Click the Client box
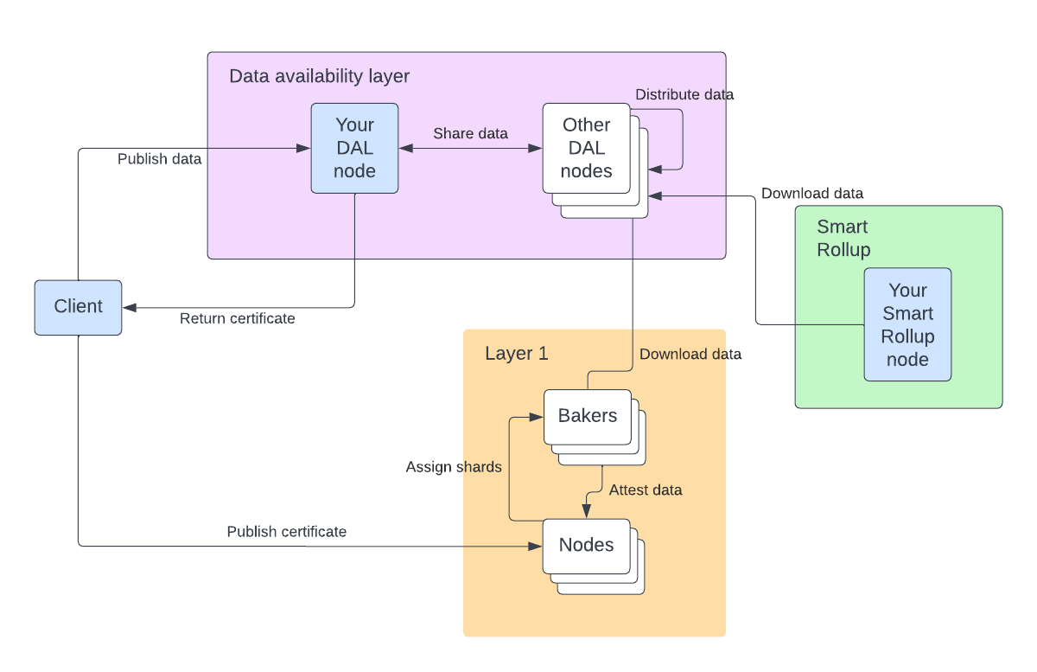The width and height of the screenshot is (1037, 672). [78, 307]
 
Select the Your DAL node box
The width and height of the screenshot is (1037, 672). [354, 148]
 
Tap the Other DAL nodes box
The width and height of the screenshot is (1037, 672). [586, 148]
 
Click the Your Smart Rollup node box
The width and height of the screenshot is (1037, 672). [907, 324]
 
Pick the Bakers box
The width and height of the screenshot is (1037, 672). [588, 416]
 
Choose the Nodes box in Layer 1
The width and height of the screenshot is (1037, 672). [586, 546]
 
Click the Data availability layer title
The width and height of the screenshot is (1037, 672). [319, 76]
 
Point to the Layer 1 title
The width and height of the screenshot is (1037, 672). [516, 354]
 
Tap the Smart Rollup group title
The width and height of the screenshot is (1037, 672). [843, 239]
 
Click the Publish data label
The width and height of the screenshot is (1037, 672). [159, 159]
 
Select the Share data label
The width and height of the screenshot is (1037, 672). [470, 133]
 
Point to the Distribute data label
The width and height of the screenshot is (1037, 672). [684, 94]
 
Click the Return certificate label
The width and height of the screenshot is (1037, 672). [237, 319]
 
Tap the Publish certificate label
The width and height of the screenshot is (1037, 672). [286, 532]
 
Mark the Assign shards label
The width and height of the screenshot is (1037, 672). [454, 467]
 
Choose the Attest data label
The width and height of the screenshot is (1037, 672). [645, 490]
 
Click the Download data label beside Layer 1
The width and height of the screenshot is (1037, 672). [690, 354]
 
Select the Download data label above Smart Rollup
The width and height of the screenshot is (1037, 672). [811, 194]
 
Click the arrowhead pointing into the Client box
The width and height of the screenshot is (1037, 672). [128, 307]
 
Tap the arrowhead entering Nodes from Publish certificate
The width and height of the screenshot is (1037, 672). [537, 547]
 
